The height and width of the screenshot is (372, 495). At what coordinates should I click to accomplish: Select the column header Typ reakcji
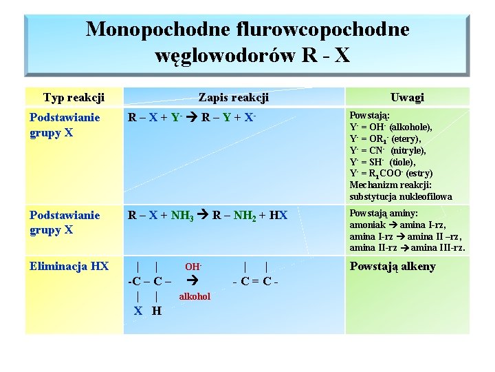pyautogui.click(x=74, y=98)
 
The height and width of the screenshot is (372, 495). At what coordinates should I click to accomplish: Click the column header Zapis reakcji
pyautogui.click(x=233, y=98)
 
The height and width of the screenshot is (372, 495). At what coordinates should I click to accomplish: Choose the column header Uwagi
pyautogui.click(x=407, y=98)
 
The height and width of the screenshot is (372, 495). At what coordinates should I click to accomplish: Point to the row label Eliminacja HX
pyautogui.click(x=69, y=266)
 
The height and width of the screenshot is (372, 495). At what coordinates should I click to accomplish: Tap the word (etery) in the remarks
pyautogui.click(x=406, y=139)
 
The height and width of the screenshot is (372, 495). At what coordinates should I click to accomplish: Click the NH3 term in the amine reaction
pyautogui.click(x=181, y=216)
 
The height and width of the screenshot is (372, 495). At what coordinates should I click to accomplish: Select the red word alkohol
pyautogui.click(x=195, y=297)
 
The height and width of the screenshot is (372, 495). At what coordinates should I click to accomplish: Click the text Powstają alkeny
pyautogui.click(x=393, y=267)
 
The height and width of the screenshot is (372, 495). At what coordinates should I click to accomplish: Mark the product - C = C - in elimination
pyautogui.click(x=256, y=281)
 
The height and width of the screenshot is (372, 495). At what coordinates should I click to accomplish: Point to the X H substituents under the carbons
pyautogui.click(x=148, y=311)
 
